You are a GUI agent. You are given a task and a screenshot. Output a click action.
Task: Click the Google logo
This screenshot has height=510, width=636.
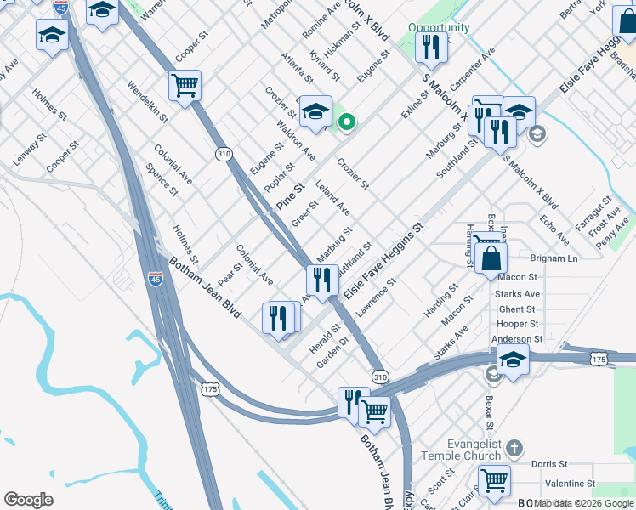(29, 500)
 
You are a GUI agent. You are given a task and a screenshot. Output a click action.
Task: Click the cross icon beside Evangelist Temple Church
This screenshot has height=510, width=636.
(514, 447)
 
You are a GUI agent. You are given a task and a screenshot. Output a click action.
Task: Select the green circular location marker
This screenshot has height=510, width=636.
(346, 123)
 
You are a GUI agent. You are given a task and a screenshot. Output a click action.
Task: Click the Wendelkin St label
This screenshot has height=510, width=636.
(148, 102)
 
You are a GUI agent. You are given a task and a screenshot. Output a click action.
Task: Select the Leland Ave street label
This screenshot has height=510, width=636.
(332, 197)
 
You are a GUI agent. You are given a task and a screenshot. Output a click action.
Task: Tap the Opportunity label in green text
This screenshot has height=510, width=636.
(439, 27)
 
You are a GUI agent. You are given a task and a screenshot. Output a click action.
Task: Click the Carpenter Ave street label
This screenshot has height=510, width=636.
(474, 70)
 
